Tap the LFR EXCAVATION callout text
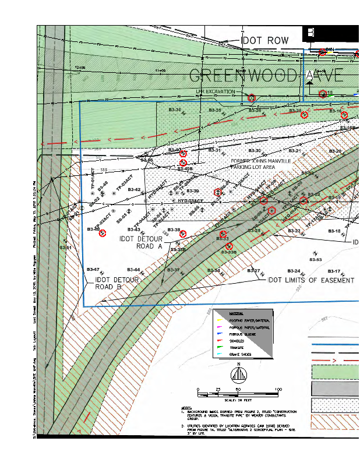pos(216,91)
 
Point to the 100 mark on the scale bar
pos(278,389)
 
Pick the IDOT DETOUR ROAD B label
pos(117,284)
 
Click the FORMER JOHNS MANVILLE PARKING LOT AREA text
pos(261,164)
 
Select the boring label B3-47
pos(93,270)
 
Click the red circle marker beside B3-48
pos(103,234)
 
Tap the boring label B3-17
pos(333,271)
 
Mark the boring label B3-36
pos(175,110)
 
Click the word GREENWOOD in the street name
pos(244,76)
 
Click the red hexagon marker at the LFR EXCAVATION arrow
pos(252,98)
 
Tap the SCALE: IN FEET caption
pos(237,400)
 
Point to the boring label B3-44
pos(133,270)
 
